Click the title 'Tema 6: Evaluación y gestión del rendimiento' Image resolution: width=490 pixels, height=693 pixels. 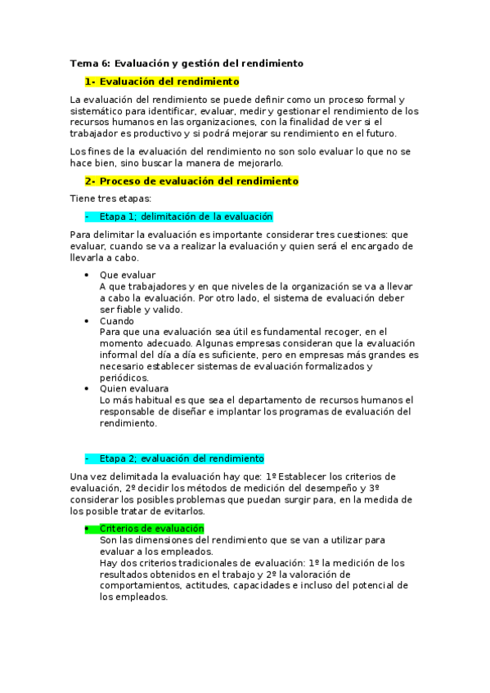click(x=187, y=63)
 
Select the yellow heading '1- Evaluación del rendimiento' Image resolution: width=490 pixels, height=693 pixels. click(x=162, y=82)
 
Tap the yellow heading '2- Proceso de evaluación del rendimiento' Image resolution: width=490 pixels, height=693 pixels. click(x=191, y=181)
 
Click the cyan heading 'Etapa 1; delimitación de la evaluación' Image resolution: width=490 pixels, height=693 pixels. click(x=186, y=217)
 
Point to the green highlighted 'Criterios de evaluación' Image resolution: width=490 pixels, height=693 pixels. click(x=151, y=529)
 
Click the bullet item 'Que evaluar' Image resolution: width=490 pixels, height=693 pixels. click(x=128, y=275)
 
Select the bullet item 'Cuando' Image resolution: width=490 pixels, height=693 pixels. click(x=117, y=321)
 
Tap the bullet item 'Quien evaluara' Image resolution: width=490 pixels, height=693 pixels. click(x=134, y=389)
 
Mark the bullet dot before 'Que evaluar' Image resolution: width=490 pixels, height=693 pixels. click(x=87, y=275)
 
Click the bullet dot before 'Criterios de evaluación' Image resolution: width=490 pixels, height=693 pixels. click(x=87, y=529)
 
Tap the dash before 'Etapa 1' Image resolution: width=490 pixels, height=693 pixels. click(x=87, y=217)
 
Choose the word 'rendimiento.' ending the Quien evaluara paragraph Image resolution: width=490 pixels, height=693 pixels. click(x=128, y=423)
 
